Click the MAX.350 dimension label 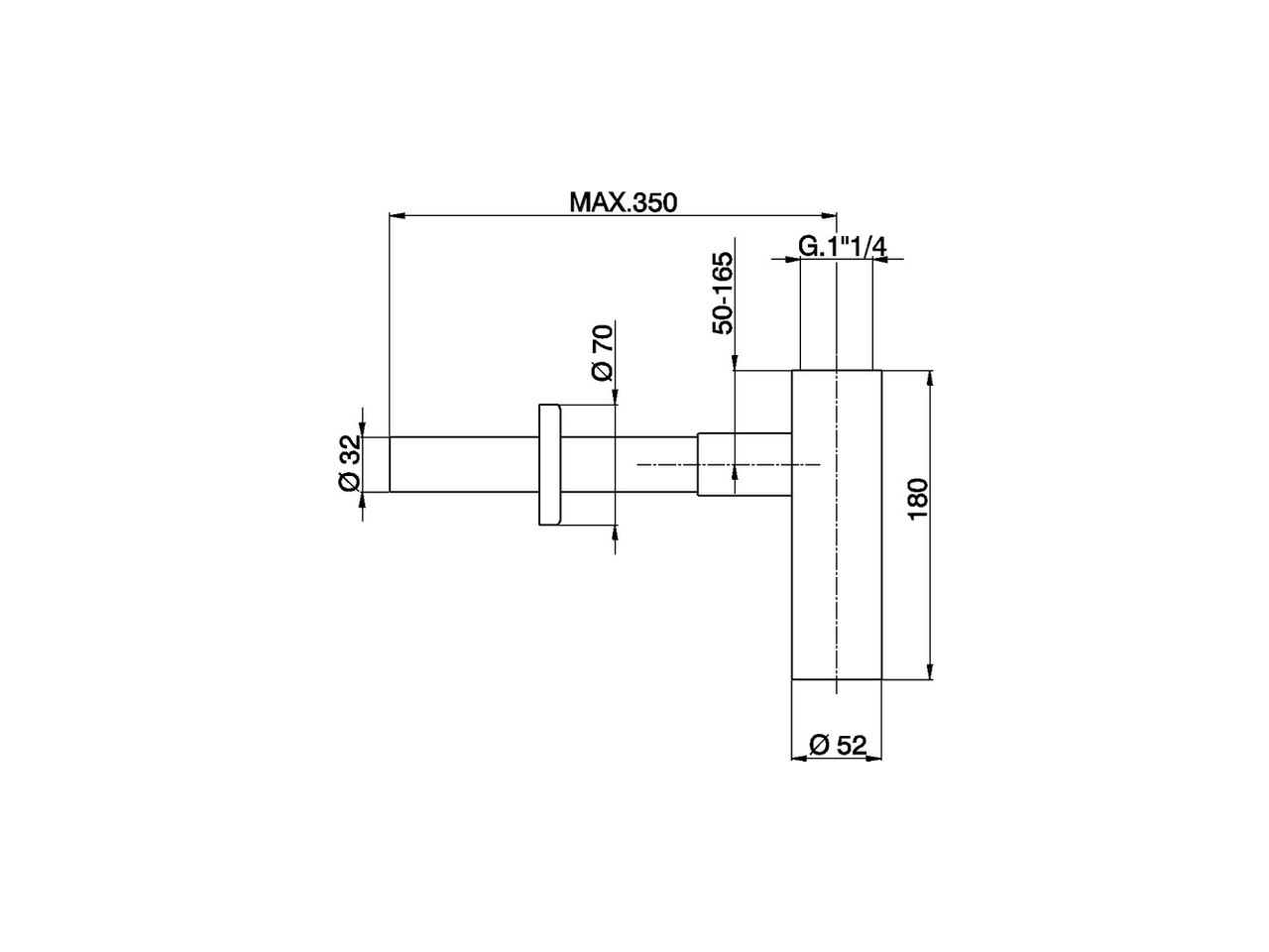[622, 202]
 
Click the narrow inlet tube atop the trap [836, 317]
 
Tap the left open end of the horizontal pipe [390, 464]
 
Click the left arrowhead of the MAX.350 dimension [396, 213]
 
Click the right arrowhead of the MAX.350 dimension [831, 213]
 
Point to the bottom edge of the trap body [837, 679]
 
